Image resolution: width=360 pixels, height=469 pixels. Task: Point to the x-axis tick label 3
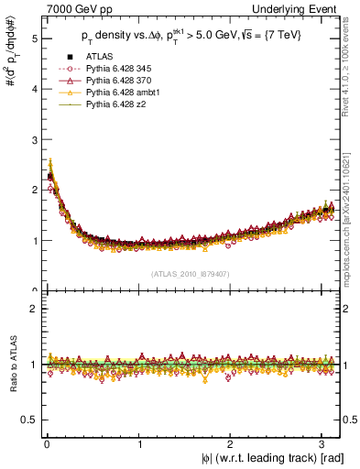[x=323, y=446]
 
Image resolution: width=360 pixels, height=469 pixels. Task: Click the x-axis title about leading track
[x=273, y=459]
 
